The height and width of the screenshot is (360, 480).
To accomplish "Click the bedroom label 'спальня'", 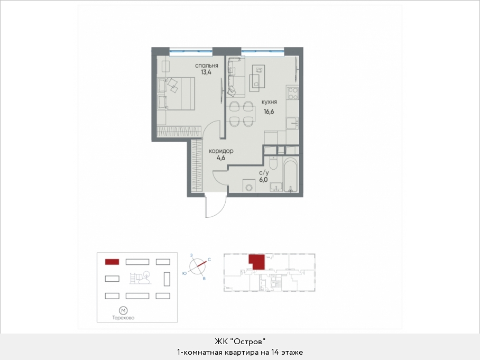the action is [x=207, y=66].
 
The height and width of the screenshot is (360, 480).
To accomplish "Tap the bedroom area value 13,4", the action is [x=206, y=72].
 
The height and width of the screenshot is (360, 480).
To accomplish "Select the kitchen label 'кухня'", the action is [x=269, y=102].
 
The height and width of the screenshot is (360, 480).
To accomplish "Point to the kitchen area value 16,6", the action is [x=269, y=112].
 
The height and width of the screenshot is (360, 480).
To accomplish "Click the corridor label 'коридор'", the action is [x=221, y=151].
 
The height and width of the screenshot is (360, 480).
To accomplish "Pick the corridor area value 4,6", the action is [x=221, y=158].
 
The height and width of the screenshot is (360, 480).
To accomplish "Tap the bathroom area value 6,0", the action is [x=263, y=180].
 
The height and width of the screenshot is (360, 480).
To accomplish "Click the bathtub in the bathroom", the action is [x=291, y=174].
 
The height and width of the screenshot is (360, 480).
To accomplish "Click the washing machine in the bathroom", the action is [x=249, y=186].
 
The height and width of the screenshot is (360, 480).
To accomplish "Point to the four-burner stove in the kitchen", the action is [x=293, y=93].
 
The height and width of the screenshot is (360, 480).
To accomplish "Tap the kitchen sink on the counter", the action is [x=293, y=124].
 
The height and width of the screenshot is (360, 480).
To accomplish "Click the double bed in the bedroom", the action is [x=176, y=94].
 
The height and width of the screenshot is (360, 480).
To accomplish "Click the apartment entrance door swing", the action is [x=216, y=206].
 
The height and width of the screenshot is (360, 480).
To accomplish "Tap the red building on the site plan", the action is [x=112, y=262].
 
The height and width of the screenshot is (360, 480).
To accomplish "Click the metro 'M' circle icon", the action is [x=123, y=311].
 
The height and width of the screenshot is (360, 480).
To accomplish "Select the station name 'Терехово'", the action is [x=123, y=318].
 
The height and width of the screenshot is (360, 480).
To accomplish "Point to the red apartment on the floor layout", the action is [x=256, y=262].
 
